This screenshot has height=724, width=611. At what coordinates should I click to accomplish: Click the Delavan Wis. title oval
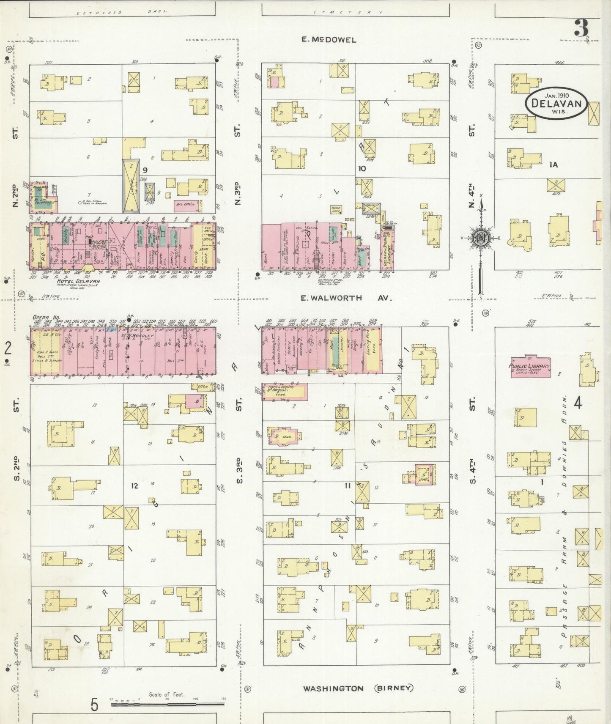point(556,103)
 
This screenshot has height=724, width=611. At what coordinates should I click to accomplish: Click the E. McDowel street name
point(329,40)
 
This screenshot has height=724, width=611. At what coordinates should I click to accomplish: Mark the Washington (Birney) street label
point(357,688)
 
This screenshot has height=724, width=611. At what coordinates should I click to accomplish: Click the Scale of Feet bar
point(167,705)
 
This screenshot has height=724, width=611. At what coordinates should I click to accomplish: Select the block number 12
point(134,485)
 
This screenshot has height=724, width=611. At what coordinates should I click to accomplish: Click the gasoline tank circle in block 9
point(79,203)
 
